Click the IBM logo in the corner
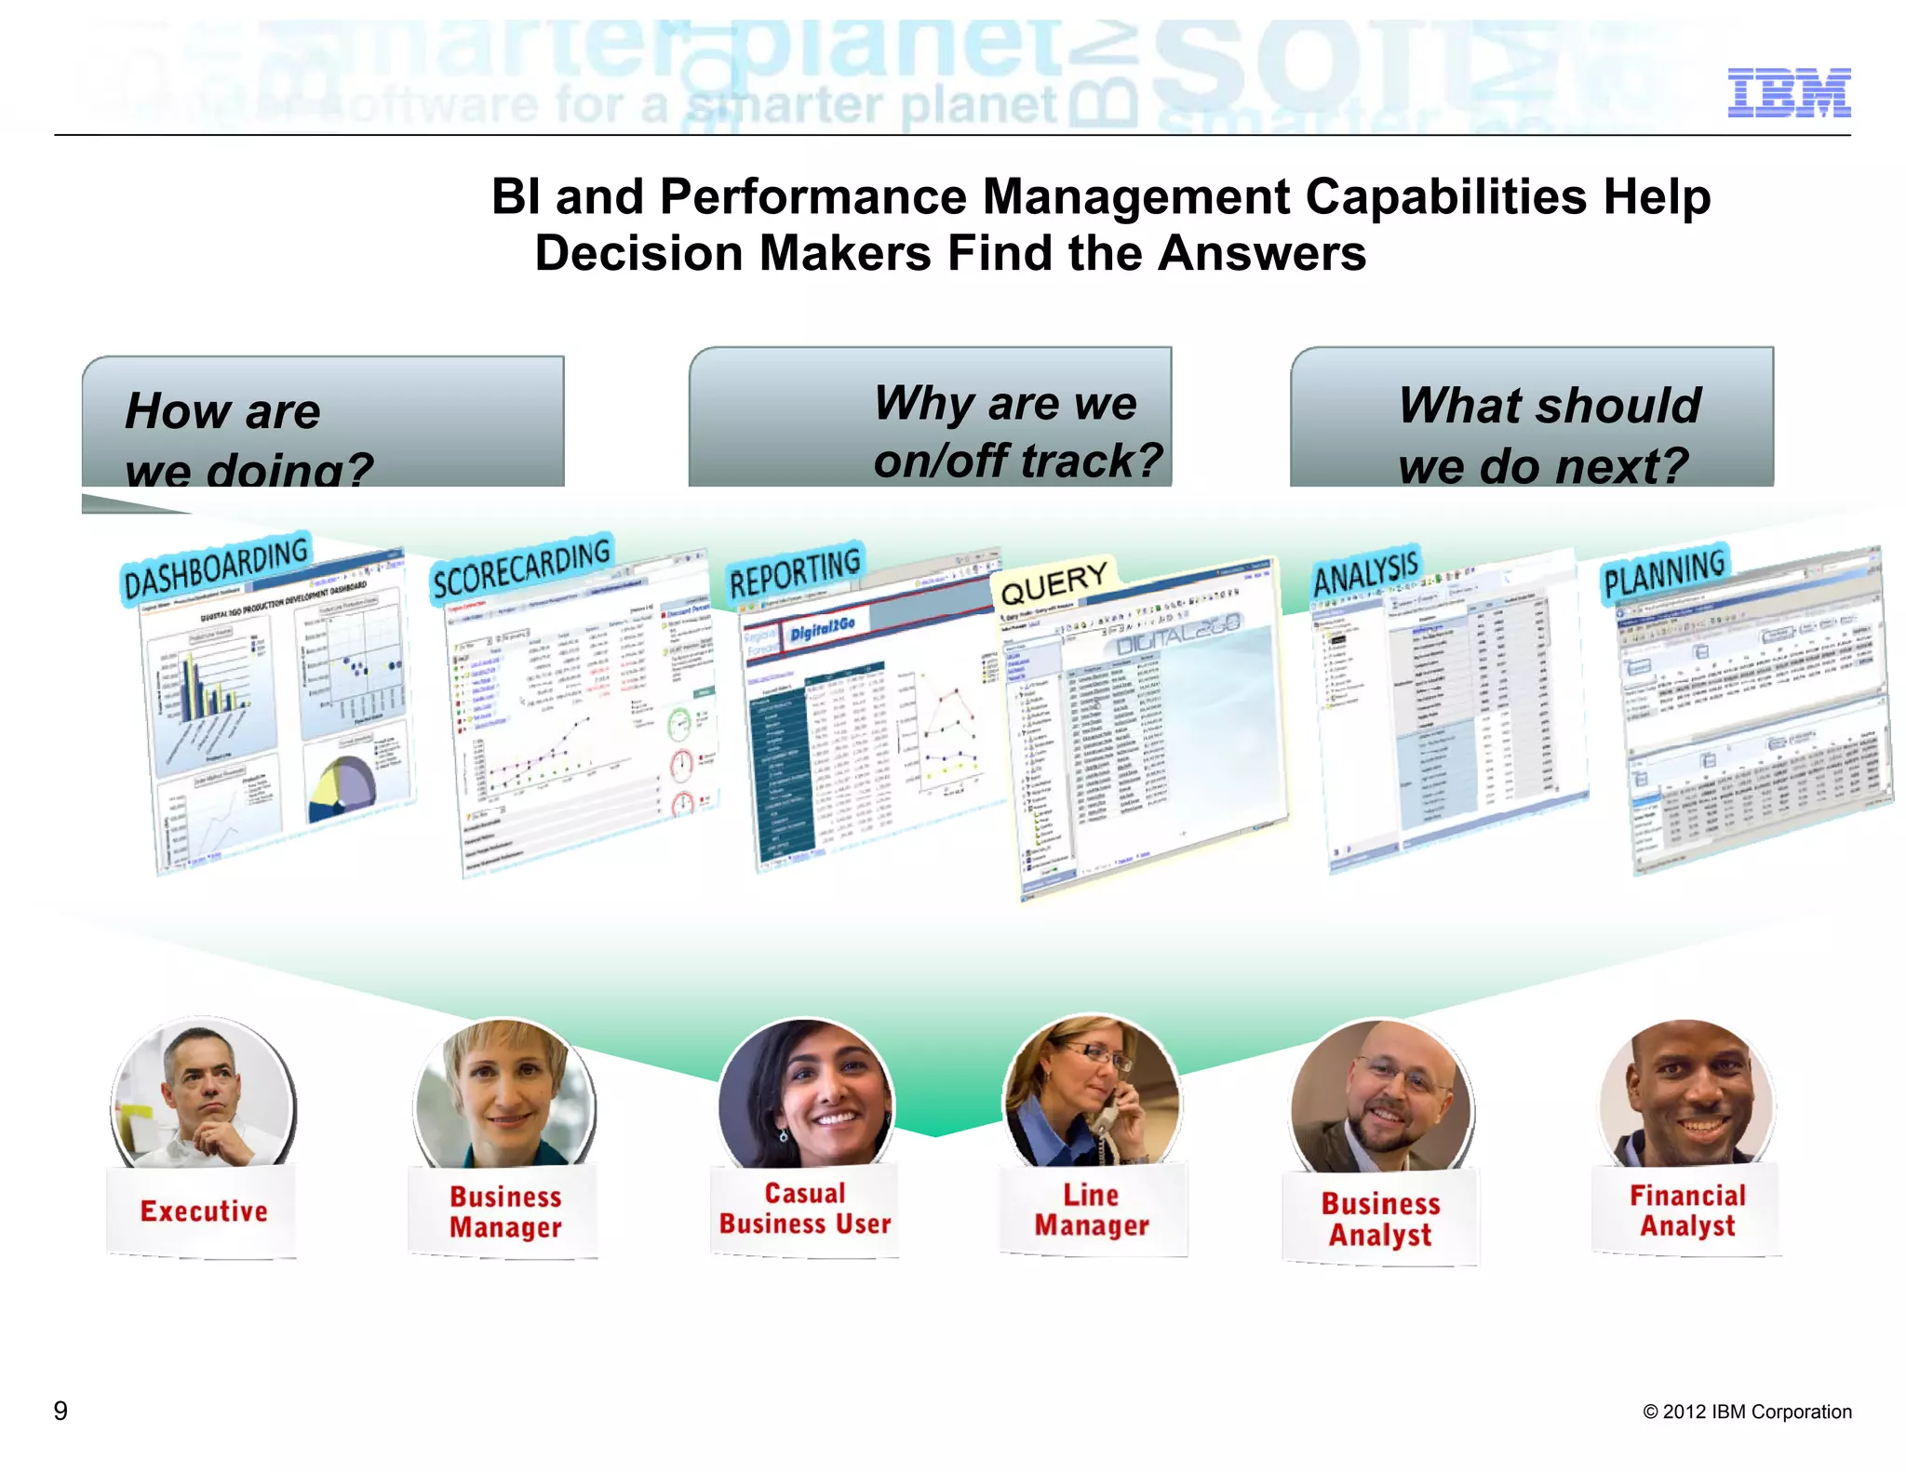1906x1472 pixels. click(x=1788, y=92)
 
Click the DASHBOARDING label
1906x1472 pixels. click(x=216, y=568)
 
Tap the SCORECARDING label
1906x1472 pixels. click(x=521, y=567)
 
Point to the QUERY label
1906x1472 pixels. click(x=1054, y=582)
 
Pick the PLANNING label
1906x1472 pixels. click(x=1664, y=572)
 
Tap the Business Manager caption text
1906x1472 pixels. click(x=505, y=1211)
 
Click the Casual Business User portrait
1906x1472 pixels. click(x=806, y=1093)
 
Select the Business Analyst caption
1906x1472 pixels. click(x=1380, y=1218)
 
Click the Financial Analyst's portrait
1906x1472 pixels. click(x=1685, y=1093)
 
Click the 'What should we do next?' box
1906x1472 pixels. click(x=1531, y=419)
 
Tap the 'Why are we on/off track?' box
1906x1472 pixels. click(x=929, y=419)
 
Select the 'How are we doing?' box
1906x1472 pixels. click(x=322, y=423)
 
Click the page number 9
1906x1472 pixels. click(x=60, y=1411)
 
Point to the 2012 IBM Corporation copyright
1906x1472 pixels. click(x=1747, y=1412)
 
